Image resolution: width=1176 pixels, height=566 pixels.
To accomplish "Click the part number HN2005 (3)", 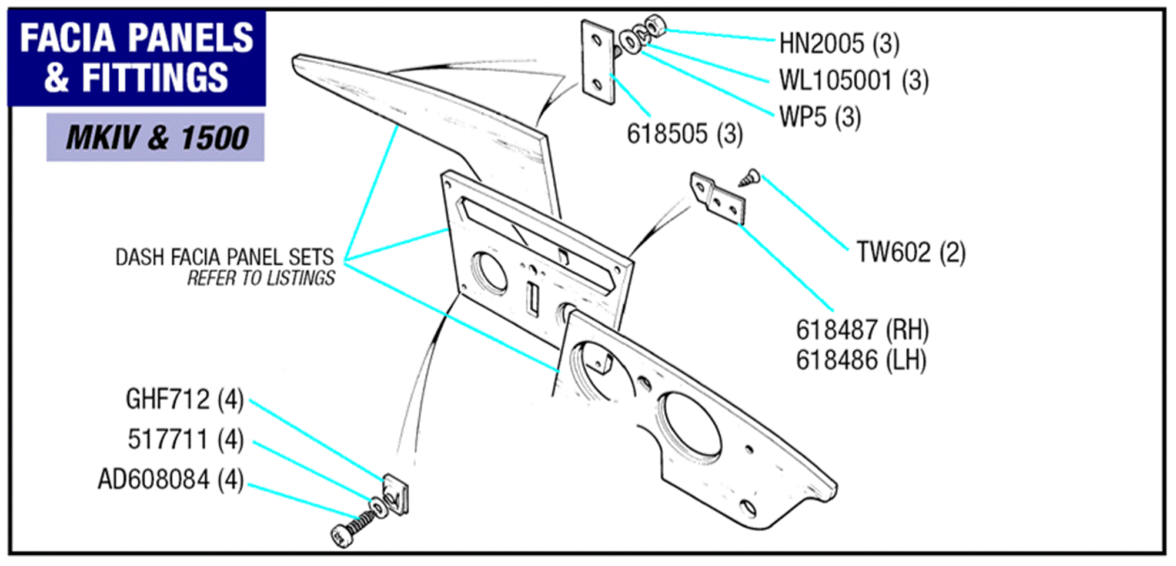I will pyautogui.click(x=839, y=44).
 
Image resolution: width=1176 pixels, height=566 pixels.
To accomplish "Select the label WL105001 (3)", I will pyautogui.click(x=853, y=81).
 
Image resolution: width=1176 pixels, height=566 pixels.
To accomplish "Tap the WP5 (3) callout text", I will pyautogui.click(x=820, y=117).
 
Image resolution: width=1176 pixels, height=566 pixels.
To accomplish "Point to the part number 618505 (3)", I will pyautogui.click(x=684, y=134).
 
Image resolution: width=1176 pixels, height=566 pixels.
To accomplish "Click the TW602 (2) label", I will pyautogui.click(x=910, y=252).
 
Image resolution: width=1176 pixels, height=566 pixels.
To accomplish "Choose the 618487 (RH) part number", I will pyautogui.click(x=862, y=330).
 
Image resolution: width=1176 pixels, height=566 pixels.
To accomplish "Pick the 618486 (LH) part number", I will pyautogui.click(x=861, y=360).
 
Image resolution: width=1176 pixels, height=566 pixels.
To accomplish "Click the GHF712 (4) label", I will pyautogui.click(x=185, y=399).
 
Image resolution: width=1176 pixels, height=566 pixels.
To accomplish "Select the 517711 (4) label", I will pyautogui.click(x=185, y=440).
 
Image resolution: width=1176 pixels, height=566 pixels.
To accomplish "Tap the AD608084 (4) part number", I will pyautogui.click(x=171, y=480).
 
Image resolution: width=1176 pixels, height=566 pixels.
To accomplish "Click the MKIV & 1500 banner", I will pyautogui.click(x=156, y=138).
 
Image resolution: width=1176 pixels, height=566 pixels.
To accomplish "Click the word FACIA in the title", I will pyautogui.click(x=67, y=38).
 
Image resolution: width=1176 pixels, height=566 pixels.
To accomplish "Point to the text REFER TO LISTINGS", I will pyautogui.click(x=260, y=278).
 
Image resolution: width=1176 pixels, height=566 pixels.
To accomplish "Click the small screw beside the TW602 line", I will pyautogui.click(x=749, y=178).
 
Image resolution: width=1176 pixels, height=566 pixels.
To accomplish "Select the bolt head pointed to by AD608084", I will pyautogui.click(x=342, y=535).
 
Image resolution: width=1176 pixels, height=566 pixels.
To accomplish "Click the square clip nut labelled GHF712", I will pyautogui.click(x=396, y=494).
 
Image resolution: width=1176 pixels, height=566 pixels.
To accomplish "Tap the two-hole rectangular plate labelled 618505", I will pyautogui.click(x=597, y=63).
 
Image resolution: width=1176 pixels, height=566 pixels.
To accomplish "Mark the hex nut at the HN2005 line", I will pyautogui.click(x=655, y=26).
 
